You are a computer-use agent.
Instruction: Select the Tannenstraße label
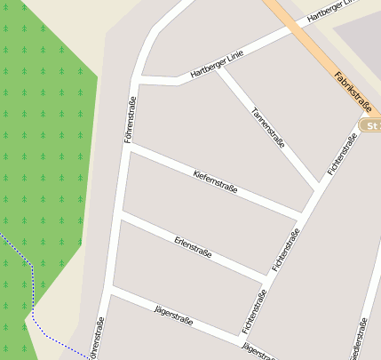point(267,128)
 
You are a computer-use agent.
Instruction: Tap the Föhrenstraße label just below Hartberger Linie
point(131,119)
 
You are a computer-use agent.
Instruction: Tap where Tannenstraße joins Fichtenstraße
point(318,188)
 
